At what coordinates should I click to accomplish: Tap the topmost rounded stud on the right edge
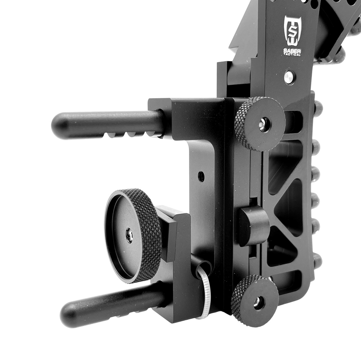tap(317, 106)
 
